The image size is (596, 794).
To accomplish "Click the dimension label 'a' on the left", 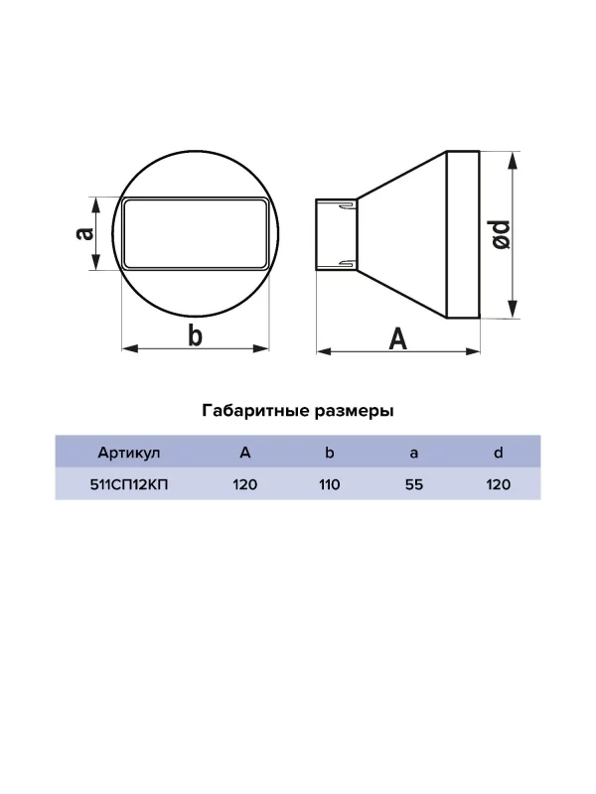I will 85,233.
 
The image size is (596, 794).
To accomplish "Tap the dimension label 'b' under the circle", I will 196,335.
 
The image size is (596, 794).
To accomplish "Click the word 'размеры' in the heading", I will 355,410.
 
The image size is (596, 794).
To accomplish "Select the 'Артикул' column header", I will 129,453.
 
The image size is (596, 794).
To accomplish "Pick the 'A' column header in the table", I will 245,453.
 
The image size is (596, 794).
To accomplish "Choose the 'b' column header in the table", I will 330,453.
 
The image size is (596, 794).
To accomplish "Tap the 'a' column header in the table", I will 414,453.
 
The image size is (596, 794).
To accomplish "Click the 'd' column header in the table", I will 499,453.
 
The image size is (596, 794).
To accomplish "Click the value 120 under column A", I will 245,485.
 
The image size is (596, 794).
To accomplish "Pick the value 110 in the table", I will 330,485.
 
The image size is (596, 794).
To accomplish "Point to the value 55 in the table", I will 414,485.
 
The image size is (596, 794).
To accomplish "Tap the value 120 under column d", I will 499,485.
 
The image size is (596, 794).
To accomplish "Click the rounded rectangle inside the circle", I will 196,234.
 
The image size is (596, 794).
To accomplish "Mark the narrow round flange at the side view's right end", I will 464,234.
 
